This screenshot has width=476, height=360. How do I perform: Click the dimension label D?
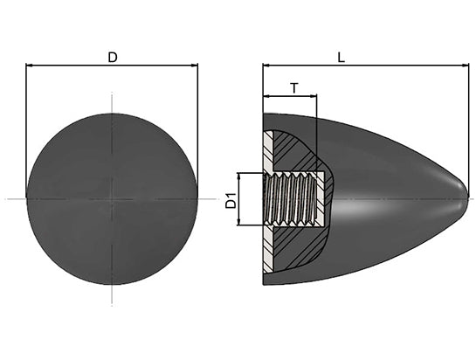[113, 57]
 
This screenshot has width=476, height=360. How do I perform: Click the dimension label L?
[341, 57]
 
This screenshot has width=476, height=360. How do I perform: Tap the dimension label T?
[294, 88]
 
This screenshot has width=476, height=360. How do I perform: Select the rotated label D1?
[231, 200]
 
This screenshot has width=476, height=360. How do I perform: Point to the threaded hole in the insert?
[290, 199]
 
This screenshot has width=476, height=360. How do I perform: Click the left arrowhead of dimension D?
[30, 65]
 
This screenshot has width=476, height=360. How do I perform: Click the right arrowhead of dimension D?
[194, 65]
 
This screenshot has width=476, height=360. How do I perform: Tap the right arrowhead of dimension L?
[466, 65]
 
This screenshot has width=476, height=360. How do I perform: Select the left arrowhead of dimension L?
[266, 65]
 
